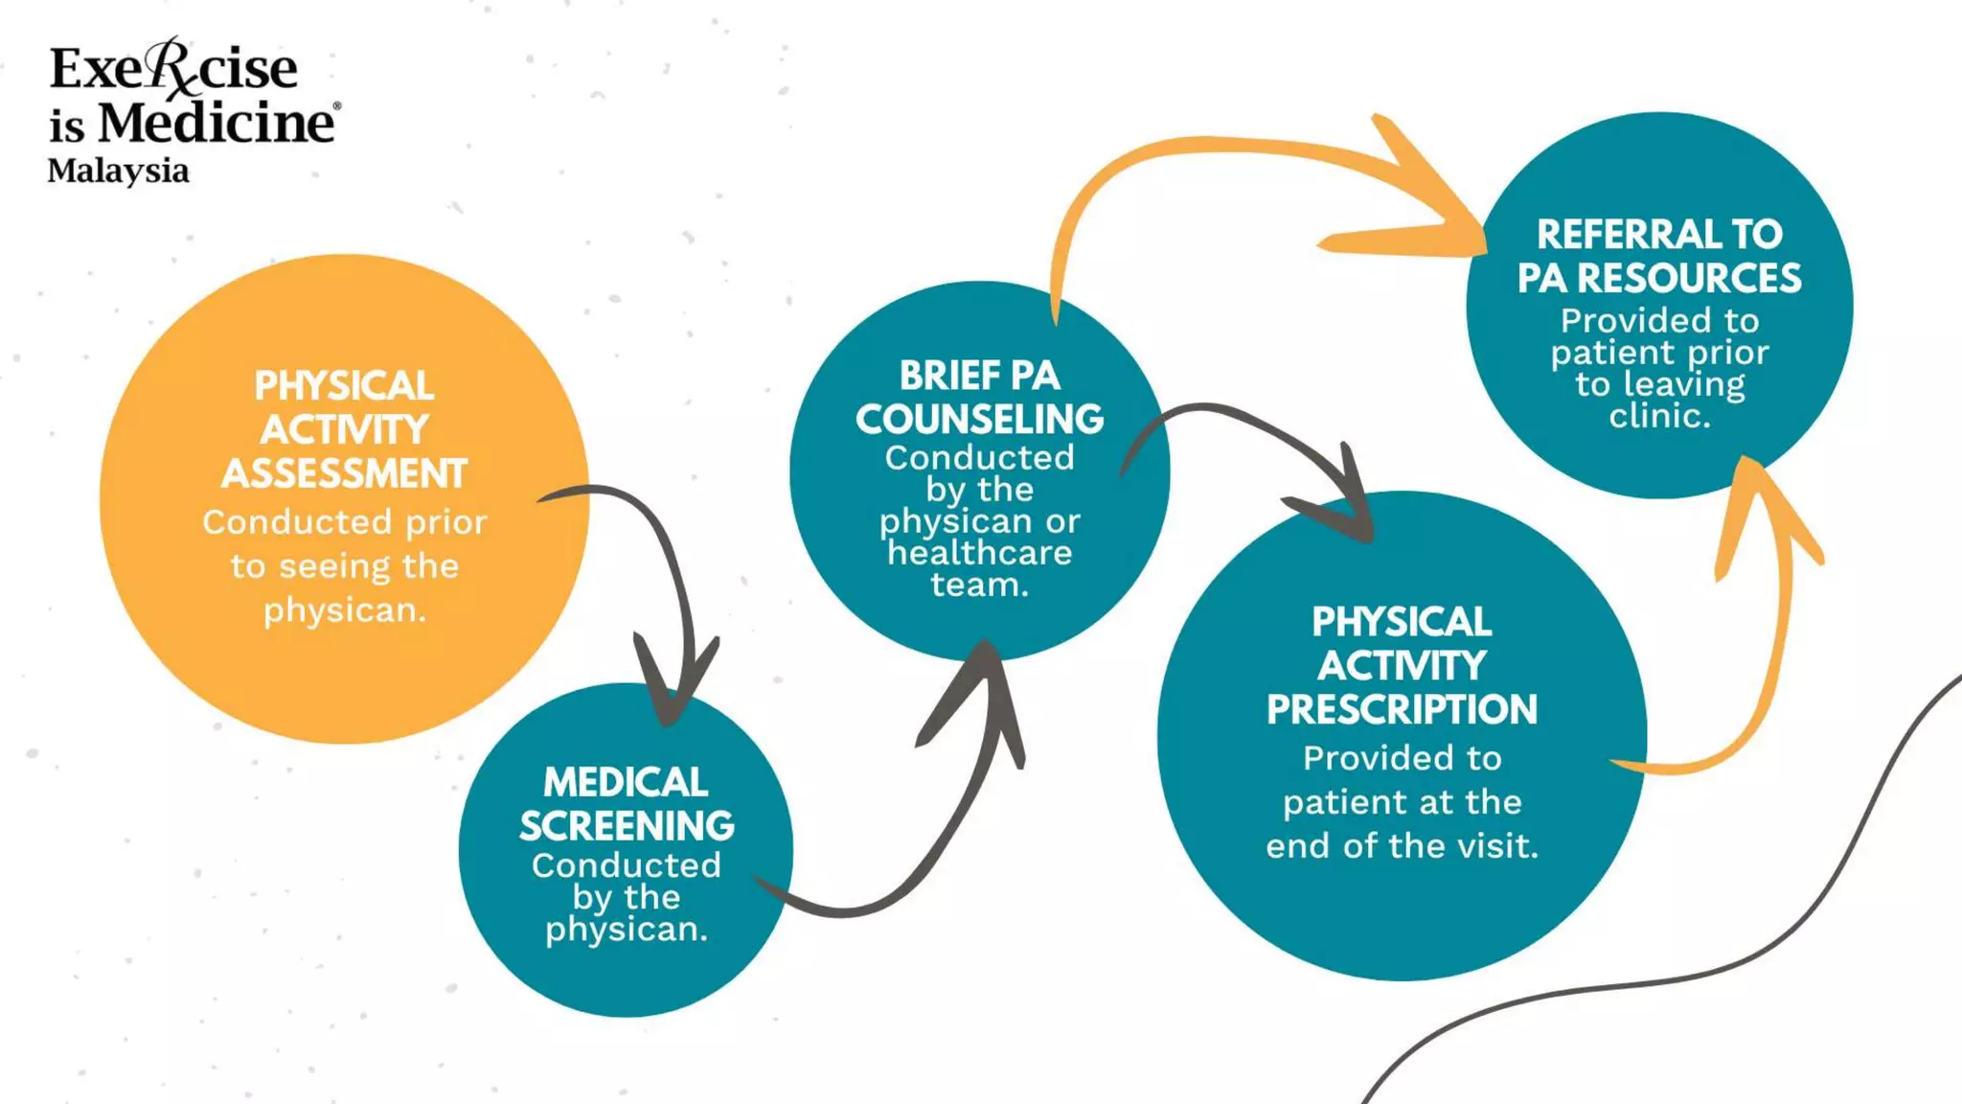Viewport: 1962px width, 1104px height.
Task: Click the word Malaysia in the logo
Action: point(118,172)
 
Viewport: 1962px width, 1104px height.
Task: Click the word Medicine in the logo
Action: point(217,123)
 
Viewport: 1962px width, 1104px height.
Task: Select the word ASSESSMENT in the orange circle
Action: point(344,474)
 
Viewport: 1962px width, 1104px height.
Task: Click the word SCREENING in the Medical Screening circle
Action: point(627,826)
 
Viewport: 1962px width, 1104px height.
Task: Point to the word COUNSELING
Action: point(979,420)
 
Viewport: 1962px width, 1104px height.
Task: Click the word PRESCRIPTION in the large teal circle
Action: point(1402,710)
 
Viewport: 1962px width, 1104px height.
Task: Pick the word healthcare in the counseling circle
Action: point(979,553)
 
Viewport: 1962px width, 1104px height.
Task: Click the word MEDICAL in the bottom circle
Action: point(626,783)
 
